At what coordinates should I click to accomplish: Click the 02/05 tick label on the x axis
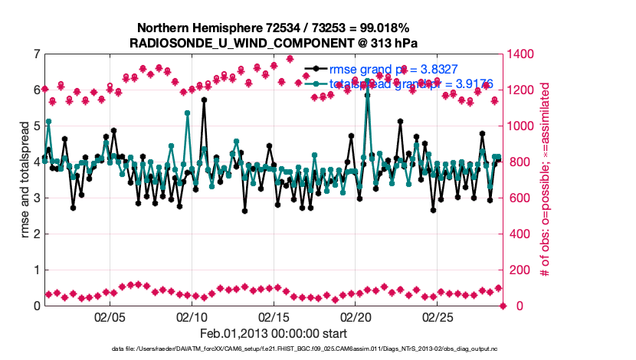[109, 316]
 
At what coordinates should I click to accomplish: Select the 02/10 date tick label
[192, 316]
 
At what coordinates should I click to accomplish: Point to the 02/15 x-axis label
[274, 316]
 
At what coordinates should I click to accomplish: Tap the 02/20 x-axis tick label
[356, 316]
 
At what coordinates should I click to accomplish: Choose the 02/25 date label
[438, 316]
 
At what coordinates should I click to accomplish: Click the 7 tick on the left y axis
[36, 54]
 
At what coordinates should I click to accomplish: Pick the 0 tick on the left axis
[36, 306]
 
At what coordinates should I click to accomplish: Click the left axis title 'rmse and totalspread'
[25, 180]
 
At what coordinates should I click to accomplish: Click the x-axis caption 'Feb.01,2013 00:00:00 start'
[274, 333]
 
